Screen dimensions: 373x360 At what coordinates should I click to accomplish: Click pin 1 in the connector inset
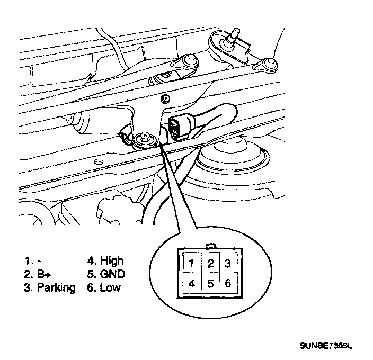(191, 263)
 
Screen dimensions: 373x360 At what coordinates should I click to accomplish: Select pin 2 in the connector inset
(210, 263)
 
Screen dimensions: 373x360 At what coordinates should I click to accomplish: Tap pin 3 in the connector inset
(228, 263)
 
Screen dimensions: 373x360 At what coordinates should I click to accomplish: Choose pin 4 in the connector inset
(191, 283)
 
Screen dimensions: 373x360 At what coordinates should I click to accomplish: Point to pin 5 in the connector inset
(210, 283)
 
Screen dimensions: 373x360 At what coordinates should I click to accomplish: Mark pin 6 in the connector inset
(228, 283)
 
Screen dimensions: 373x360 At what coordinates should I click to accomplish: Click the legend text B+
(42, 274)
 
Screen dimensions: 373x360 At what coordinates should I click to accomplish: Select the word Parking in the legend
(56, 288)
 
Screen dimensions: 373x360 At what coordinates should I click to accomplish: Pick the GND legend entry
(112, 274)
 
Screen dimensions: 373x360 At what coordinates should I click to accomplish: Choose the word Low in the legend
(110, 288)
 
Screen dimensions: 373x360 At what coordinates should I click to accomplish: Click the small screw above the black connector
(167, 98)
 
